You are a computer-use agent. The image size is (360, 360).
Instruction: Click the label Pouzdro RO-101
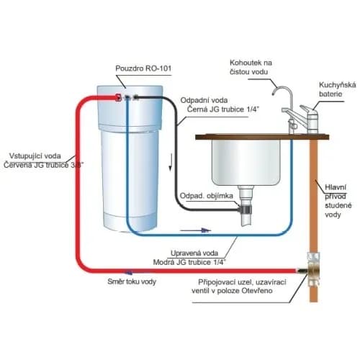tap(143, 68)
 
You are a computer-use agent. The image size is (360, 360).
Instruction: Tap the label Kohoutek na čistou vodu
tap(251, 67)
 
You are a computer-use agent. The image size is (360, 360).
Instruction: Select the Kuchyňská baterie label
tap(338, 89)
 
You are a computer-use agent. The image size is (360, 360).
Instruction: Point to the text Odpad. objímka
tap(207, 196)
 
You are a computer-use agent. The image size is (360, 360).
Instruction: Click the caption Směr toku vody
tap(132, 282)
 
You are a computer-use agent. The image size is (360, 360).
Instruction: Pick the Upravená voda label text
tap(194, 253)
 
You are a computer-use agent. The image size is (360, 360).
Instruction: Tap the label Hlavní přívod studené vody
tap(338, 201)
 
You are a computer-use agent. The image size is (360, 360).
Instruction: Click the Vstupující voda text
tap(35, 156)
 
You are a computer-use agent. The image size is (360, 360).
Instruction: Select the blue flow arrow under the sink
tap(196, 230)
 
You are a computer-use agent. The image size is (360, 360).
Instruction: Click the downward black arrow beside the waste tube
tap(171, 163)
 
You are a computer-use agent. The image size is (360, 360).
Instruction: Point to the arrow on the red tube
tap(128, 272)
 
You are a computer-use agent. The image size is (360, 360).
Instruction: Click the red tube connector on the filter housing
tap(118, 97)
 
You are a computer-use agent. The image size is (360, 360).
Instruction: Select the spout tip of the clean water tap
tap(274, 94)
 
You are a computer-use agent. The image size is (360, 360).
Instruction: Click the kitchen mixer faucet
tap(310, 119)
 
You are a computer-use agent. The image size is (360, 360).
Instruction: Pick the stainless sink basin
tap(246, 163)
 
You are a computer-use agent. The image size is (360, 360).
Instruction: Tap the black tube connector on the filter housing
tap(136, 97)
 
